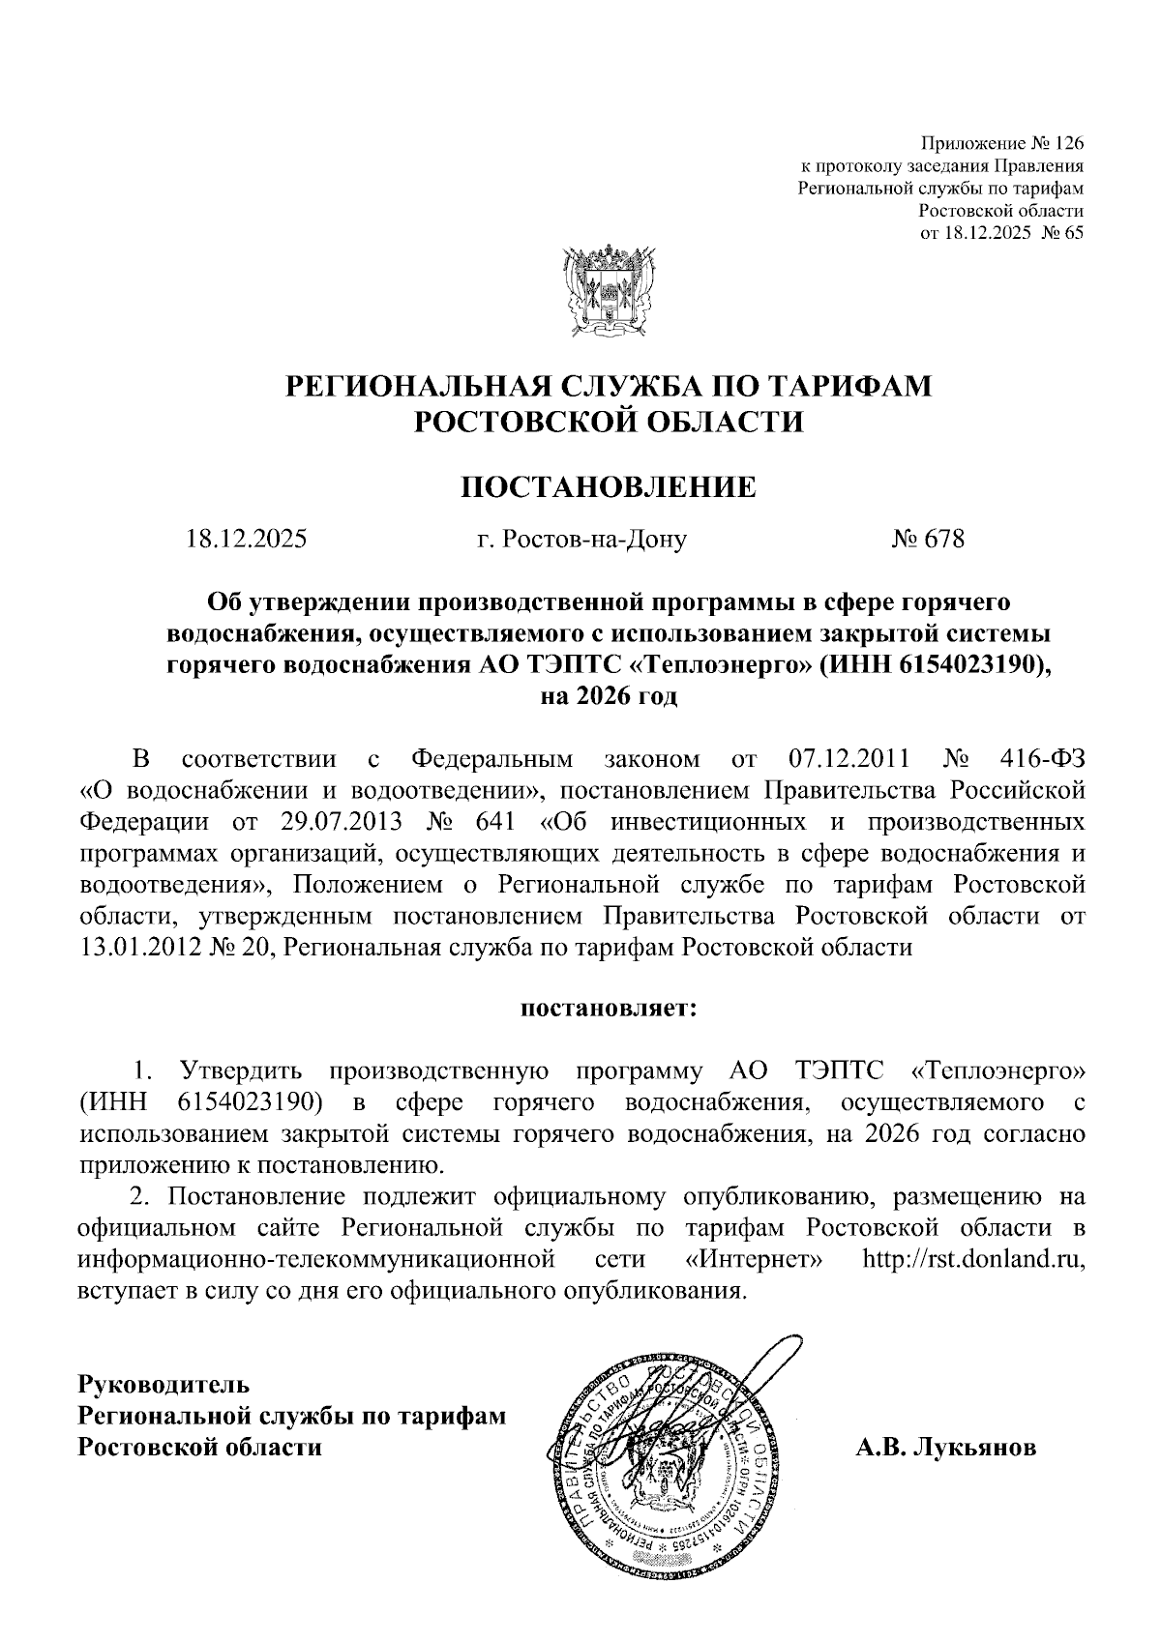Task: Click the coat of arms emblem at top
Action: tap(608, 291)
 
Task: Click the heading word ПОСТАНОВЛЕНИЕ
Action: tap(608, 486)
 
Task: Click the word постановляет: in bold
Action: tap(609, 1009)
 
